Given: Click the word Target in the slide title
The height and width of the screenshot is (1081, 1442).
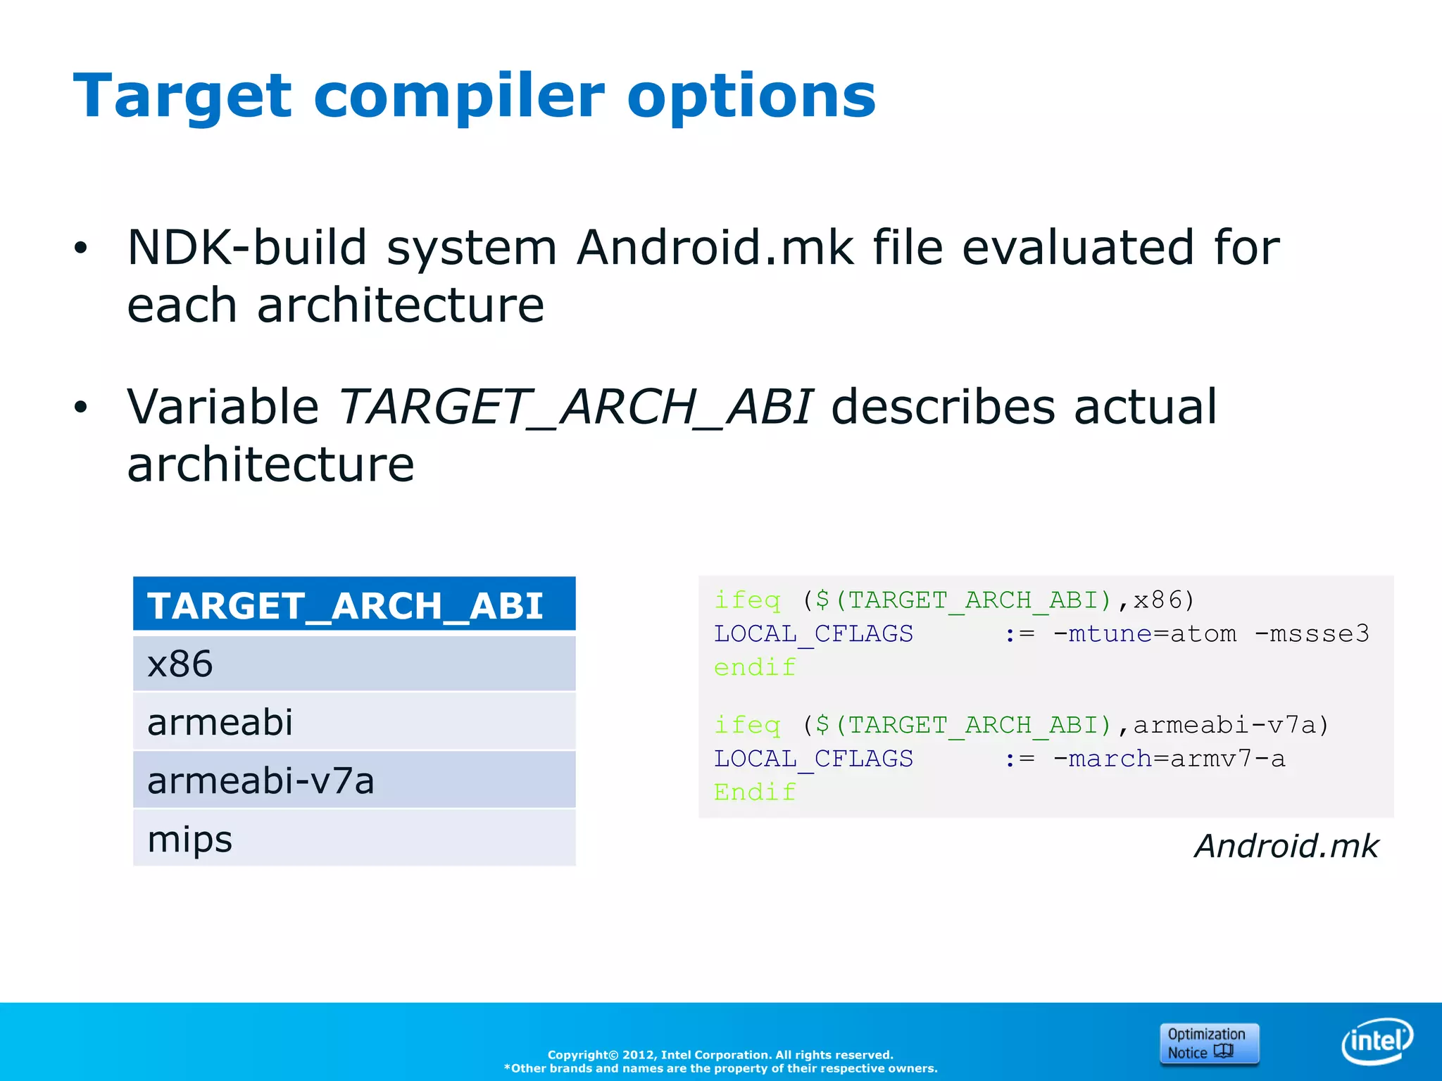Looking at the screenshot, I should [182, 97].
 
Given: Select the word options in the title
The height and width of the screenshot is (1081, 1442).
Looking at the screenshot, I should [751, 97].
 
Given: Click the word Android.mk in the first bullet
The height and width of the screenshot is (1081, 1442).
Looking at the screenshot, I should [715, 248].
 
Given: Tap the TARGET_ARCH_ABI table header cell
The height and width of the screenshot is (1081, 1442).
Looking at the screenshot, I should [353, 605].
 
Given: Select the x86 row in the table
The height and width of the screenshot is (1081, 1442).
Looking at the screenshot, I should [353, 664].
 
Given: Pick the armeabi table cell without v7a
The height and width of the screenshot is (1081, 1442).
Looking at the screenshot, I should [353, 722].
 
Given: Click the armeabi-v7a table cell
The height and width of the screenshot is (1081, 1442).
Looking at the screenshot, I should [353, 780].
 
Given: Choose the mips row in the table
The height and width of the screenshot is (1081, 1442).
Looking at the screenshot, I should [353, 838].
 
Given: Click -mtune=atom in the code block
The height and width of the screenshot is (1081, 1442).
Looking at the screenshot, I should [1144, 634].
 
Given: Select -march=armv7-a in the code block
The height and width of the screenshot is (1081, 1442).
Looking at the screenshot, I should [1169, 759].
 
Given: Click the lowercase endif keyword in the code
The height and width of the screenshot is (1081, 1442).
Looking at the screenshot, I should [755, 667].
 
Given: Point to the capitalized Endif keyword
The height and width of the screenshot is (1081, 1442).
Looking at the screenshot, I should [755, 792].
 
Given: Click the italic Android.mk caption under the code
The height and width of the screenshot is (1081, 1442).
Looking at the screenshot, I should [1286, 846].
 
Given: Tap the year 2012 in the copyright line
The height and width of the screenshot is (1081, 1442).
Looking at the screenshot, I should [639, 1055].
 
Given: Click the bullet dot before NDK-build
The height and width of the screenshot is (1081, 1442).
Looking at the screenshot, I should [81, 248].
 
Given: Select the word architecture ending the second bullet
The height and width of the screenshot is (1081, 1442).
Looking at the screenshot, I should [270, 465].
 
